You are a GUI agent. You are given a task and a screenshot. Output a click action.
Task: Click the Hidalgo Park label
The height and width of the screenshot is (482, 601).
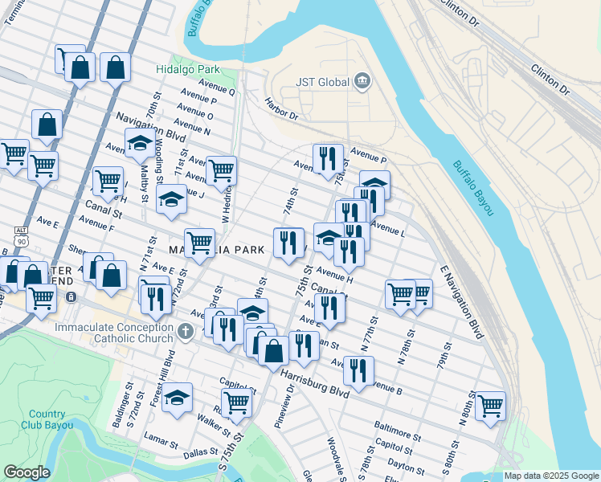tap(188, 70)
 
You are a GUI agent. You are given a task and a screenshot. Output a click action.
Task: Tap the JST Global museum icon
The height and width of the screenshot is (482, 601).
tap(362, 81)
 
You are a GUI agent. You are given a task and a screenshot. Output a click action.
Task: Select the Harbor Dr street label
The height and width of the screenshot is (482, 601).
tap(282, 109)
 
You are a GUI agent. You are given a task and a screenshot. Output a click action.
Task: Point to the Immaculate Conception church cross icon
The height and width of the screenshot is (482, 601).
tap(186, 330)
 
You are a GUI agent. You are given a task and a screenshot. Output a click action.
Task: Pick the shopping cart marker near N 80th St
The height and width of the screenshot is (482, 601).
tap(489, 405)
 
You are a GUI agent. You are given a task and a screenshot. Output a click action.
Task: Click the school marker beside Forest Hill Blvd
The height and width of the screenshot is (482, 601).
tap(177, 398)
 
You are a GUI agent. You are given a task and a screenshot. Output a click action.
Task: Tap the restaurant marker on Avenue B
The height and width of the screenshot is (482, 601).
tap(358, 370)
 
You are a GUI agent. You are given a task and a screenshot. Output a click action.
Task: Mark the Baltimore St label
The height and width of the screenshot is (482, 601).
tap(397, 431)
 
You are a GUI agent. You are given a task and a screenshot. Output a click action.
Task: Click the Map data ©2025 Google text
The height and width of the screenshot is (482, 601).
tap(551, 476)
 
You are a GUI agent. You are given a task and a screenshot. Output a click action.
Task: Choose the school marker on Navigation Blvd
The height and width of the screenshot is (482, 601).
tap(140, 143)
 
